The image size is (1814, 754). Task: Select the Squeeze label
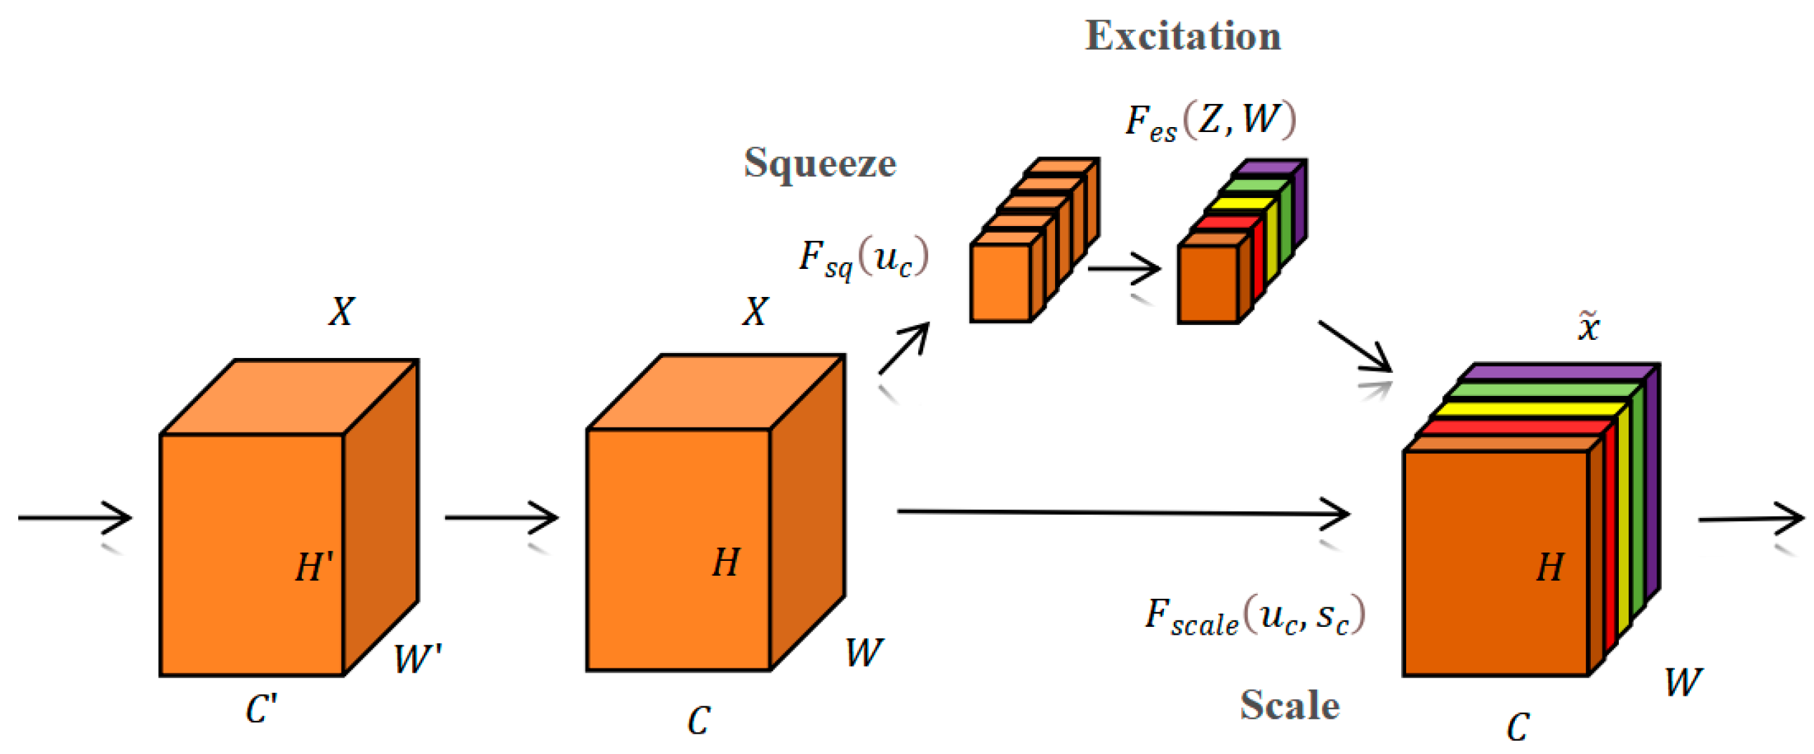click(820, 164)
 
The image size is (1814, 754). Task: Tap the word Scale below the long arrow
click(1290, 705)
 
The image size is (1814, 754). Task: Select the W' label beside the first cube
click(417, 659)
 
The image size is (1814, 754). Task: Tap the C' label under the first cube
click(261, 709)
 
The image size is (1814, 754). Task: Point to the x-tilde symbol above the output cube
click(1588, 326)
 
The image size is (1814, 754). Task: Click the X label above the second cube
click(755, 311)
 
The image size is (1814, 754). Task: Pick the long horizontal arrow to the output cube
click(1123, 512)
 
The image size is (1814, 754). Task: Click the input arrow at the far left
click(74, 518)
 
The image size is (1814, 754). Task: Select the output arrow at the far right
click(1751, 519)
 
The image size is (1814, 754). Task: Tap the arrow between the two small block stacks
click(1124, 268)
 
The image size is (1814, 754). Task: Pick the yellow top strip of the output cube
click(1528, 409)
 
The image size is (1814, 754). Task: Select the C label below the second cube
click(699, 720)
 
